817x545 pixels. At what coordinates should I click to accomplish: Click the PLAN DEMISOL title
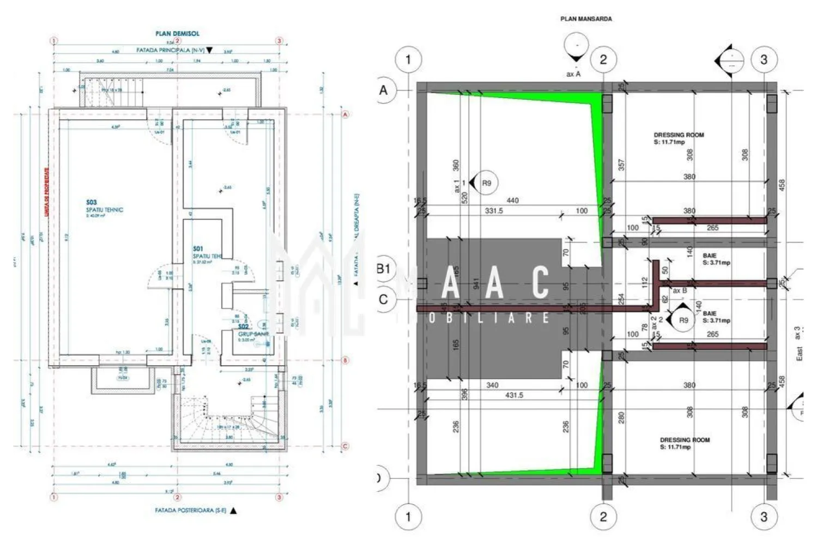(x=177, y=33)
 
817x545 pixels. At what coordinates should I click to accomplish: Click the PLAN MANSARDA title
(x=586, y=19)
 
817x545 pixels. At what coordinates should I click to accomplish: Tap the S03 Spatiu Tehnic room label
(x=104, y=208)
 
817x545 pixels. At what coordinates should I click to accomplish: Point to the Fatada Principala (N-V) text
(x=170, y=50)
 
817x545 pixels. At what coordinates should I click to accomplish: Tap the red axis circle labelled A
(x=345, y=114)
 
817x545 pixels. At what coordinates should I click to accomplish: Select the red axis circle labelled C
(x=345, y=446)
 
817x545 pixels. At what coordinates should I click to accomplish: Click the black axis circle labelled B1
(x=384, y=269)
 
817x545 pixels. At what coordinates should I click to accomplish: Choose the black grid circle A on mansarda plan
(x=384, y=90)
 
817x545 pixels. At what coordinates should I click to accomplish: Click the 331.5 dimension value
(x=494, y=211)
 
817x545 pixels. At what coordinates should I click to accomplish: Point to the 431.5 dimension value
(x=514, y=395)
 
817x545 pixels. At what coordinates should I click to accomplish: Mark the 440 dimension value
(x=512, y=201)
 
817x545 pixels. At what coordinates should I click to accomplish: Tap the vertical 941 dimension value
(x=476, y=283)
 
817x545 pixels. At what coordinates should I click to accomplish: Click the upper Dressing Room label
(x=679, y=138)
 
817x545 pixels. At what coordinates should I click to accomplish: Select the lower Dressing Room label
(x=685, y=443)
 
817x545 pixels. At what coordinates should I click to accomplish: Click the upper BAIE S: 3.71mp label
(x=716, y=259)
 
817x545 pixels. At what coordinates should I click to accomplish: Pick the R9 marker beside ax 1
(x=486, y=183)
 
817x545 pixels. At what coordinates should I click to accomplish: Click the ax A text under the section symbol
(x=573, y=74)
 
